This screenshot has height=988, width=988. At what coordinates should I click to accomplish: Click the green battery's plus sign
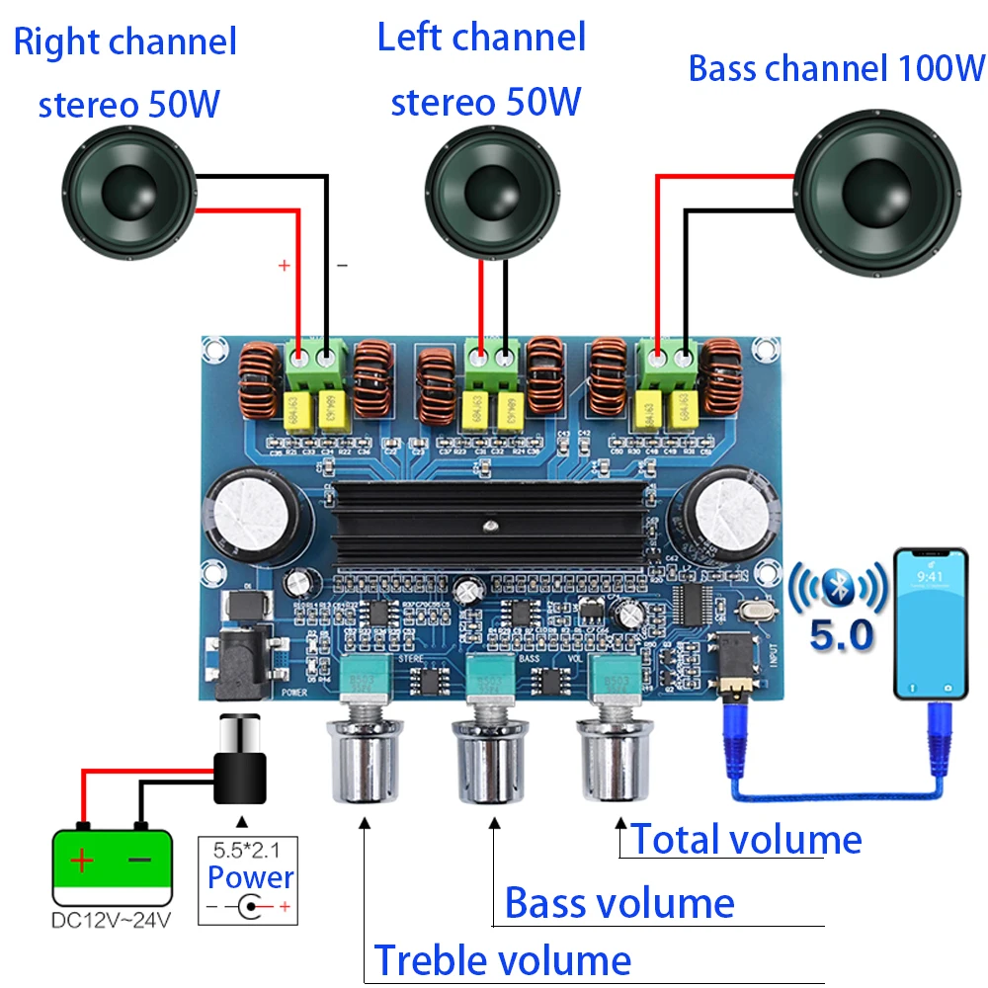pyautogui.click(x=82, y=861)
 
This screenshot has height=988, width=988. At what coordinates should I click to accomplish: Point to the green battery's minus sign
pyautogui.click(x=140, y=860)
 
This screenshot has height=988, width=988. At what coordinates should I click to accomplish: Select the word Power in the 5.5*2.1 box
pyautogui.click(x=251, y=876)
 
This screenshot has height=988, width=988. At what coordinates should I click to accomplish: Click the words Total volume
pyautogui.click(x=746, y=840)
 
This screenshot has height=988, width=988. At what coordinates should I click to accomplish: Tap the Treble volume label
pyautogui.click(x=502, y=960)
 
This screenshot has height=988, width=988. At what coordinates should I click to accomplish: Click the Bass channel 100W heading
pyautogui.click(x=836, y=68)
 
